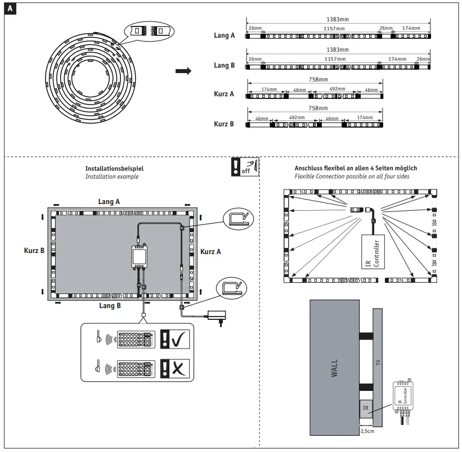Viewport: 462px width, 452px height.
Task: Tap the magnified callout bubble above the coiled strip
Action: pos(147,31)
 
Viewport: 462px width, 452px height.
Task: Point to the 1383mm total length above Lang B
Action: pos(338,50)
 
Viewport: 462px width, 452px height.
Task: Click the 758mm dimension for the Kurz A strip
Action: pos(319,80)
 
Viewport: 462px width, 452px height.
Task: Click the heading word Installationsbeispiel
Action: pos(114,168)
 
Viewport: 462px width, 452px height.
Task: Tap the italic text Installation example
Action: pos(111,177)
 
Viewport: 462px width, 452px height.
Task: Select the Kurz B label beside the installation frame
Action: pos(34,251)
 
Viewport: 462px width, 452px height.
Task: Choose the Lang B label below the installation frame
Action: pos(110,306)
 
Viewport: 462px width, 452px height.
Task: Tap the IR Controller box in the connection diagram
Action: pos(373,253)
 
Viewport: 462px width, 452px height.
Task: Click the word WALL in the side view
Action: pos(334,368)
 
